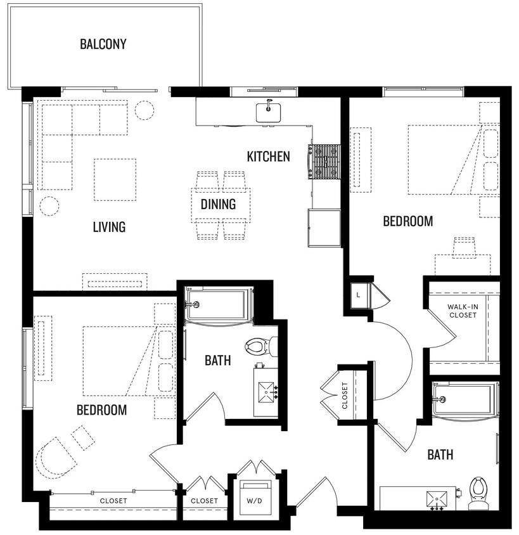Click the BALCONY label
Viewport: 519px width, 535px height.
tap(103, 44)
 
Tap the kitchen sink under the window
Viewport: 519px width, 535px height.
tap(268, 112)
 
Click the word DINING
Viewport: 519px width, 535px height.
tap(218, 204)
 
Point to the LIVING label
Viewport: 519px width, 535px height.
tap(109, 226)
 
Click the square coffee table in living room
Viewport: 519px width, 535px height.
tap(115, 179)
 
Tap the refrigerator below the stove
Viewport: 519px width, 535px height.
tap(324, 228)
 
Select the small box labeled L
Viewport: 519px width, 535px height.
tap(358, 295)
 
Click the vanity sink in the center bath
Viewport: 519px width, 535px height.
tap(266, 392)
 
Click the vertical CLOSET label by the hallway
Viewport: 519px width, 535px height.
tap(345, 396)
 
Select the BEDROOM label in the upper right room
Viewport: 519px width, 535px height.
tap(408, 221)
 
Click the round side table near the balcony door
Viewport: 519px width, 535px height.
tap(145, 110)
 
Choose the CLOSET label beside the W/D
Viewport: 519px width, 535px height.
tap(204, 501)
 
